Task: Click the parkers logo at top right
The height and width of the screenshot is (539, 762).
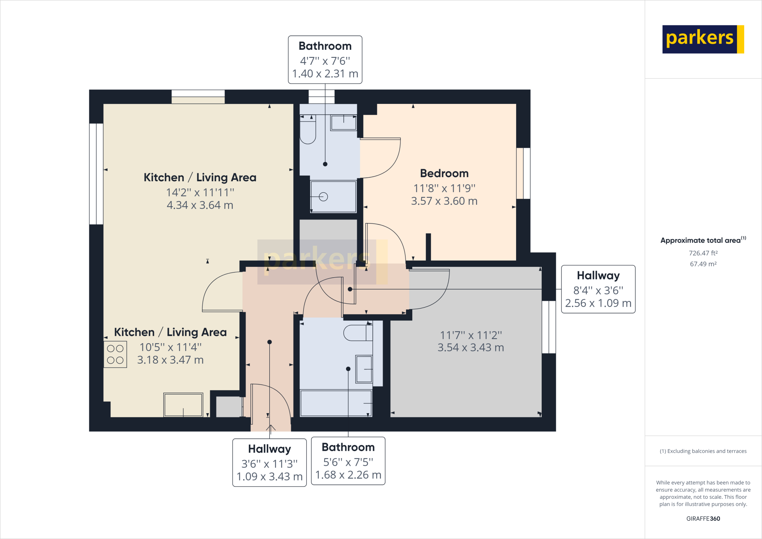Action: [702, 39]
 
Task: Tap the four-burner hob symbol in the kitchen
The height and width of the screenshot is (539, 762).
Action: [115, 354]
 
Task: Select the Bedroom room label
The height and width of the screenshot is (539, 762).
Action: [444, 173]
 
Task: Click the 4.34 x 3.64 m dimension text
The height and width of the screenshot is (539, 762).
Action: [200, 205]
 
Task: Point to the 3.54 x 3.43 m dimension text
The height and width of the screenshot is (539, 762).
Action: [471, 348]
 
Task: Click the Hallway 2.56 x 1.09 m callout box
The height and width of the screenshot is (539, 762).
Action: [598, 289]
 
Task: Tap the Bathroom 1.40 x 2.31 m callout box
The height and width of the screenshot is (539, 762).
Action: [325, 60]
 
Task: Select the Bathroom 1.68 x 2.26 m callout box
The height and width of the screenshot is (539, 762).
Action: [348, 461]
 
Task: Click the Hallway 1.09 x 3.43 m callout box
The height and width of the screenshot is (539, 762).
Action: [269, 463]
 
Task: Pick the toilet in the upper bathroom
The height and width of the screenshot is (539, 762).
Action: [308, 130]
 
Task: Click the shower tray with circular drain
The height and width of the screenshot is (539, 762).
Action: [333, 197]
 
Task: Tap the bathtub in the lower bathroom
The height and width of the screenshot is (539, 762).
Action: [336, 403]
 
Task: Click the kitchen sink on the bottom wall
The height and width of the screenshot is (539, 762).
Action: [183, 405]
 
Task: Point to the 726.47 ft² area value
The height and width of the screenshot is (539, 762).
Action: [703, 253]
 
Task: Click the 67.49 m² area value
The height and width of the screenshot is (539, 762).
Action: [703, 264]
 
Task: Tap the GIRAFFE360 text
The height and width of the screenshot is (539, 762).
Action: [703, 519]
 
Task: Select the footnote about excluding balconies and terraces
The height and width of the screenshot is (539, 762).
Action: [703, 451]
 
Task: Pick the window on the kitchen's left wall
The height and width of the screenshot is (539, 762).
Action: [96, 174]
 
